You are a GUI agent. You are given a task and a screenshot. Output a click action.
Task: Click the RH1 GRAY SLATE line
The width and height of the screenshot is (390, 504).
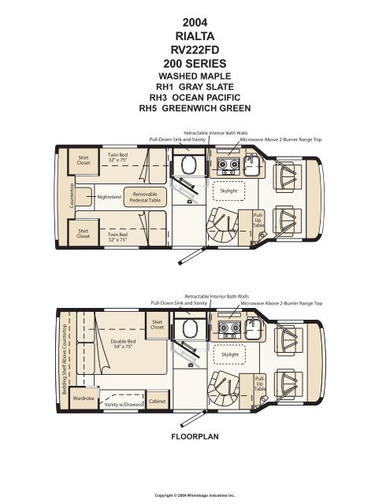pos(195,87)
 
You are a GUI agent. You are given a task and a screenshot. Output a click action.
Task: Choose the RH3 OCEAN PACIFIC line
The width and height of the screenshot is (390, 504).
pos(195,99)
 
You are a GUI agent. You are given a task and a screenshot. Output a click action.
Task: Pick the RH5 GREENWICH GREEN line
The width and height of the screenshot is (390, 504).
pos(195,110)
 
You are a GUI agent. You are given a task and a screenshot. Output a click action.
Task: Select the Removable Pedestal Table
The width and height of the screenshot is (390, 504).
pos(145,197)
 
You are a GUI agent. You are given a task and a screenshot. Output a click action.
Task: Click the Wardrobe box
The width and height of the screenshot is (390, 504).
pos(84,398)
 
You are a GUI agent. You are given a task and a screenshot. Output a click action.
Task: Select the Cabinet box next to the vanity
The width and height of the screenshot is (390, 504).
pos(157,402)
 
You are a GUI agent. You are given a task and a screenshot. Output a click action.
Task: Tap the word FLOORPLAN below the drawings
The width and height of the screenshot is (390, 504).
pos(195,434)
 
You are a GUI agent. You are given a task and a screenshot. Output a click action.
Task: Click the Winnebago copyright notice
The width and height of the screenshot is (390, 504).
pos(195,495)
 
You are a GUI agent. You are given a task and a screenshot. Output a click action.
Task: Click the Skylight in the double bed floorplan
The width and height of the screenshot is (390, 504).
pos(229,354)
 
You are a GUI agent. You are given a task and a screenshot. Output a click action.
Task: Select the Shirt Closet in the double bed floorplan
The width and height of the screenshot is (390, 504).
pos(157,324)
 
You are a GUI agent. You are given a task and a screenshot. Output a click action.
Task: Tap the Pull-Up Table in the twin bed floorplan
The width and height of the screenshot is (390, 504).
pos(258,220)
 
